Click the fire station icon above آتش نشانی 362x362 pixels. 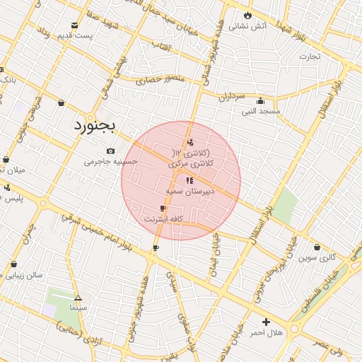pyautogui.click(x=247, y=14)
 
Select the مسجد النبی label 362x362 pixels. pyautogui.click(x=261, y=111)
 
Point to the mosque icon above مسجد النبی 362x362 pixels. pyautogui.click(x=261, y=100)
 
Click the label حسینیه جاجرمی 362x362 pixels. pyautogui.click(x=108, y=161)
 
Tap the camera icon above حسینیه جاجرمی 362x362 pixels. pyautogui.click(x=110, y=151)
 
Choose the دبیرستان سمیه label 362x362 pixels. pyautogui.click(x=187, y=191)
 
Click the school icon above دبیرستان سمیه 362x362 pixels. pyautogui.click(x=188, y=180)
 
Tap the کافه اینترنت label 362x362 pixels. pyautogui.click(x=163, y=219)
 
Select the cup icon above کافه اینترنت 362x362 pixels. pyautogui.click(x=163, y=208)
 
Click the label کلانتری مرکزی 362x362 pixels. pyautogui.click(x=191, y=163)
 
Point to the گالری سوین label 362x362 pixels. pyautogui.click(x=316, y=257)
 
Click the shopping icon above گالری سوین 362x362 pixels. pyautogui.click(x=316, y=247)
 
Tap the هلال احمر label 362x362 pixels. pyautogui.click(x=267, y=332)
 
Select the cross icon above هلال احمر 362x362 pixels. pyautogui.click(x=266, y=322)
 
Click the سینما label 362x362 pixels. pyautogui.click(x=78, y=308)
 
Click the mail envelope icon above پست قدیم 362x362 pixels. pyautogui.click(x=74, y=25)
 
